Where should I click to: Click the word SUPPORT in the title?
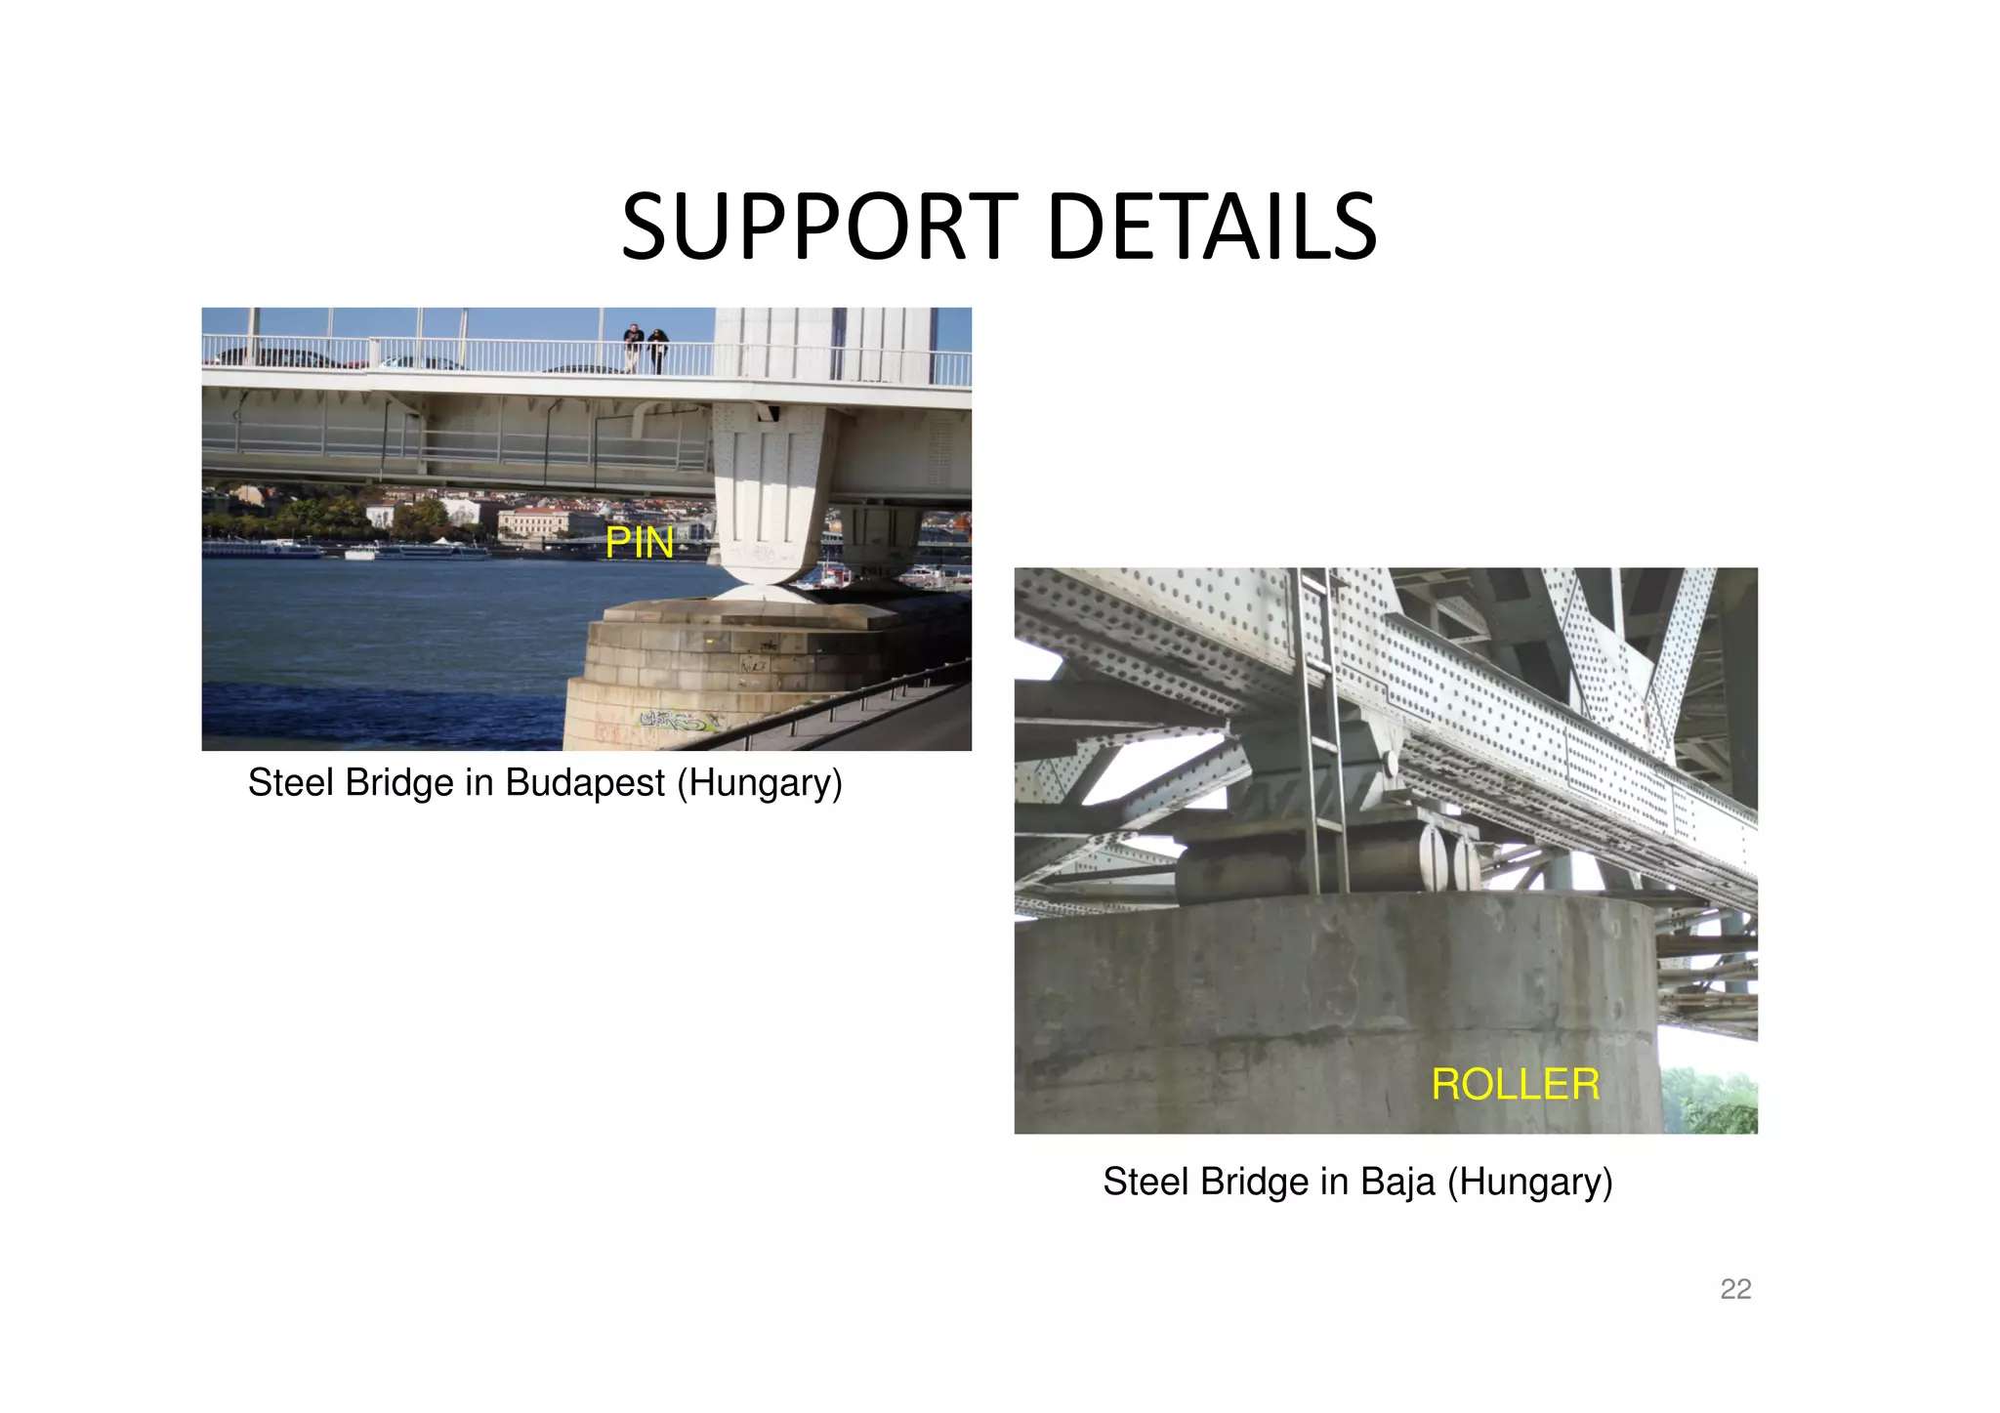pos(819,228)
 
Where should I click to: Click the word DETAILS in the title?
pos(1212,228)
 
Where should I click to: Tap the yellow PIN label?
pos(640,543)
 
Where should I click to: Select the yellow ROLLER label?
pos(1515,1085)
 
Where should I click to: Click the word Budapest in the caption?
pos(584,783)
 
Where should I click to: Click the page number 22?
pos(1735,1289)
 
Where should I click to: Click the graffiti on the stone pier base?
pos(679,722)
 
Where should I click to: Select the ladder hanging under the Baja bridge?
pos(1323,732)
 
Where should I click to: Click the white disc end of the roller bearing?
pos(1432,857)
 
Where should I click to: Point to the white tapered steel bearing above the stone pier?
pos(771,498)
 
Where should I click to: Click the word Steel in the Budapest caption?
pos(290,783)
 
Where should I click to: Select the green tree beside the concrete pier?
pos(1711,1101)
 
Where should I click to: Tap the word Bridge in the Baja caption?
pos(1255,1182)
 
